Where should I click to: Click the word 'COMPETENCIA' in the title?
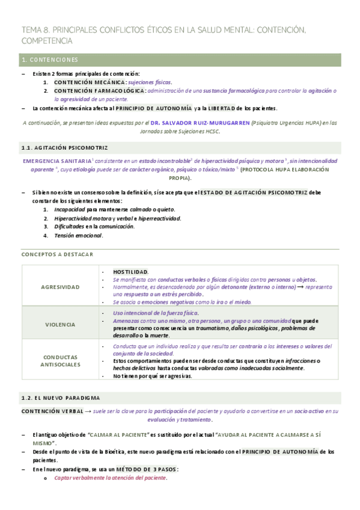coord(47,41)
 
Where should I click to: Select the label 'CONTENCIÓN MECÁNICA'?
coord(90,82)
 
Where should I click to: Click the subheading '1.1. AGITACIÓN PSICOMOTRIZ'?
coord(64,147)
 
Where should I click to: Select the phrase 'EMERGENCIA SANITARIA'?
coord(57,161)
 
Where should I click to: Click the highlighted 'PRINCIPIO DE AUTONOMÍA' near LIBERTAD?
coord(154,108)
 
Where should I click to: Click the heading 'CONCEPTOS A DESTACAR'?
coord(57,254)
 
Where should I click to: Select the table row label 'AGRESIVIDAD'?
coord(60,287)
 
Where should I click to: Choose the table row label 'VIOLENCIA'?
coord(60,324)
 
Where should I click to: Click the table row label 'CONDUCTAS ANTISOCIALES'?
coord(60,361)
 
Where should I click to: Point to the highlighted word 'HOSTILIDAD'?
coord(130,272)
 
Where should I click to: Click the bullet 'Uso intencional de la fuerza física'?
coord(155,313)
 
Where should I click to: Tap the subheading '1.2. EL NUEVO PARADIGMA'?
coord(60,398)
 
